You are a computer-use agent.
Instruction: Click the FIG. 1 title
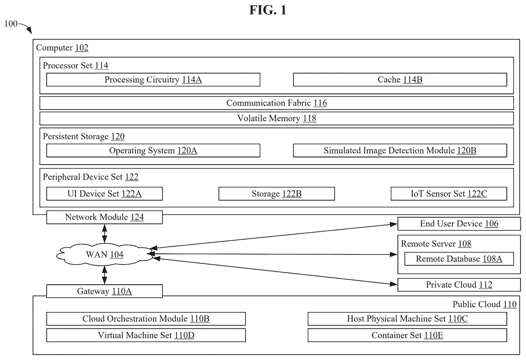point(268,10)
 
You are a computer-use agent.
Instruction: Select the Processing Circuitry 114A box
point(153,80)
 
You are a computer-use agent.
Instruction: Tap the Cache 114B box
point(400,80)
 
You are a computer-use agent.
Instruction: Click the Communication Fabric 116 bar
point(277,103)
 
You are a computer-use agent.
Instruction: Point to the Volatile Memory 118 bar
point(277,118)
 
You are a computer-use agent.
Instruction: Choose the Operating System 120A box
point(153,151)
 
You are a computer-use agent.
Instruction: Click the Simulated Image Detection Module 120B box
point(400,151)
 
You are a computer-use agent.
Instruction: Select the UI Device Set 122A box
point(104,194)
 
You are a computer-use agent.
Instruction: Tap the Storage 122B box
point(277,194)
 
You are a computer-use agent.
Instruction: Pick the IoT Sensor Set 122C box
point(449,194)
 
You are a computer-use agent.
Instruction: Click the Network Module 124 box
point(104,217)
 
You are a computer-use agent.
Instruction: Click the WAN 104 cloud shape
point(105,254)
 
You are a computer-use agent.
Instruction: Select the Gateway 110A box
point(104,291)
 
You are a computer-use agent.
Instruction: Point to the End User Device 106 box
point(459,224)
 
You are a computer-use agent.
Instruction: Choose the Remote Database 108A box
point(459,259)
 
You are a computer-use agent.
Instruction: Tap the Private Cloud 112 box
point(459,285)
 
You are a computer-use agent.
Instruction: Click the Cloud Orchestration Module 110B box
point(146,319)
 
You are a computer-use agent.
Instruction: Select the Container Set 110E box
point(407,335)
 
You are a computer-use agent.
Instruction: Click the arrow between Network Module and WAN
point(105,233)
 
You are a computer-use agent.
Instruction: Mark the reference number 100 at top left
point(11,24)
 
